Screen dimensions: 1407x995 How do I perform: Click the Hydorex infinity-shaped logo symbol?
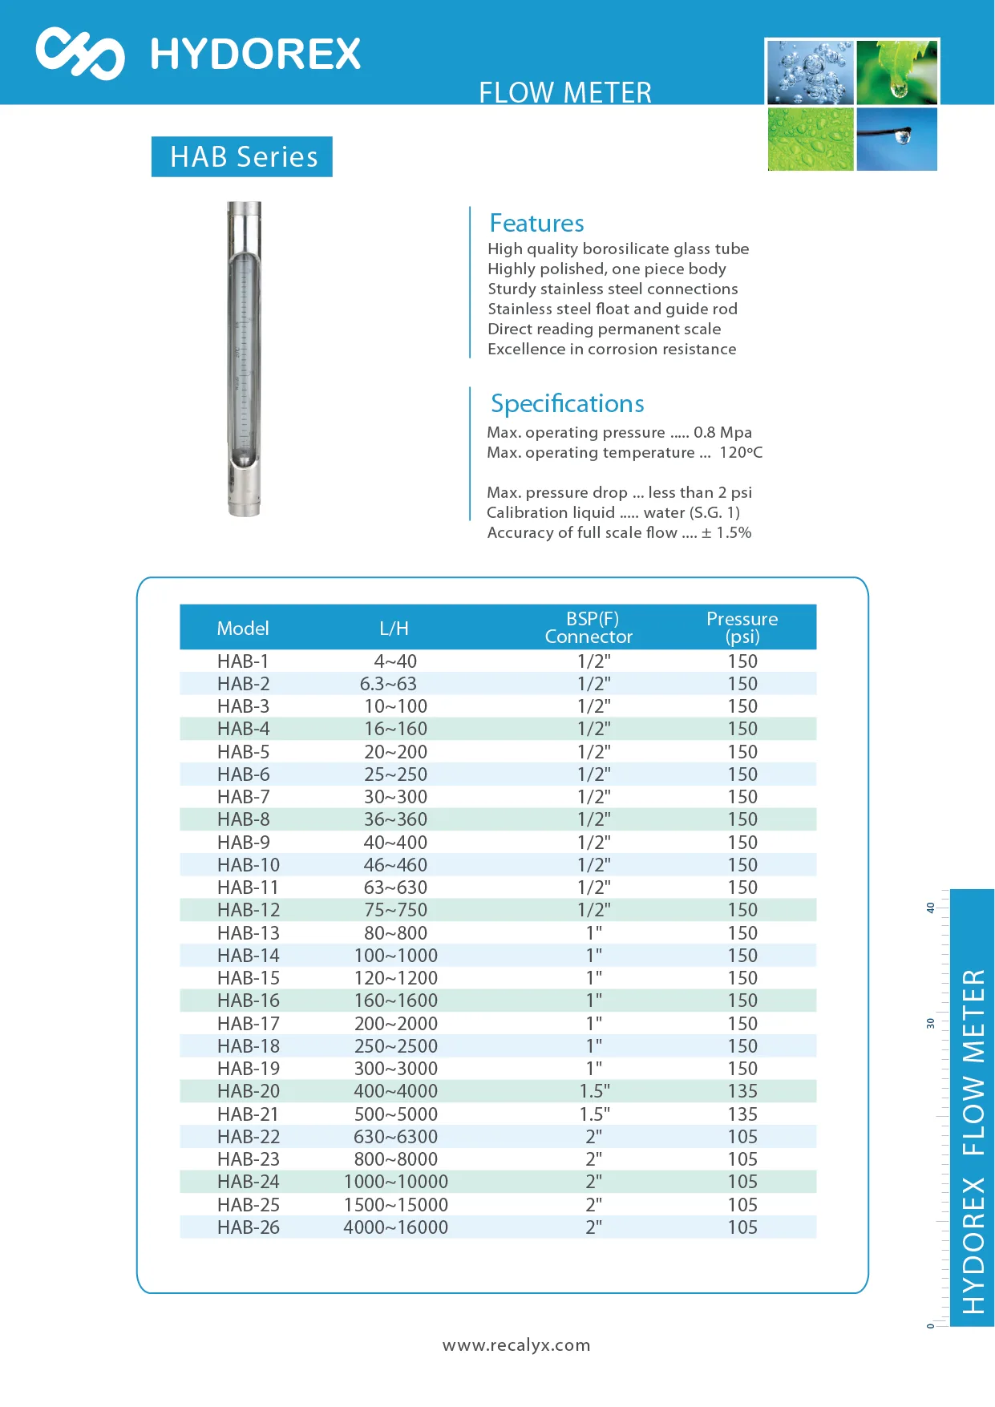pos(79,54)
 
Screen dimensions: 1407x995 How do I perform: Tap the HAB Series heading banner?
pos(242,156)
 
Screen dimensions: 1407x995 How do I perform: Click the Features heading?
pos(536,223)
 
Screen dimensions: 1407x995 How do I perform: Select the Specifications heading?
pos(567,403)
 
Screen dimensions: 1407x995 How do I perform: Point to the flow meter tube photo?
pos(244,358)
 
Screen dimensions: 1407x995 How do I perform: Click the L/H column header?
pos(394,629)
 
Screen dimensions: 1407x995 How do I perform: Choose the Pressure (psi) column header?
pos(742,628)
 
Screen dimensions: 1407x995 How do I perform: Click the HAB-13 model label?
pos(248,933)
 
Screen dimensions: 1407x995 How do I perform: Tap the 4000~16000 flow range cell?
pos(395,1227)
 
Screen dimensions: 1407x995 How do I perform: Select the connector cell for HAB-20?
pos(594,1091)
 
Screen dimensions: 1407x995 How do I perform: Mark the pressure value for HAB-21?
pos(742,1114)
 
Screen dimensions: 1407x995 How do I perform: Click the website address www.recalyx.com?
pos(516,1345)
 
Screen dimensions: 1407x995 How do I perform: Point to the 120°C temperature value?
pos(740,453)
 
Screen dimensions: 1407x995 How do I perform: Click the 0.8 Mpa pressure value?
pos(722,433)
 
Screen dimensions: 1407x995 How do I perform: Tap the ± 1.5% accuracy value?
pos(726,533)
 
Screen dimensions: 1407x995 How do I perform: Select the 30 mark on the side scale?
pos(930,1024)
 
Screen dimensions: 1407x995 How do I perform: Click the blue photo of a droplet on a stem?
pos(896,139)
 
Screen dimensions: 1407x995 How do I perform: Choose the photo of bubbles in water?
pos(810,73)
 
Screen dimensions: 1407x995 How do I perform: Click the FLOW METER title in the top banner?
pos(564,93)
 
